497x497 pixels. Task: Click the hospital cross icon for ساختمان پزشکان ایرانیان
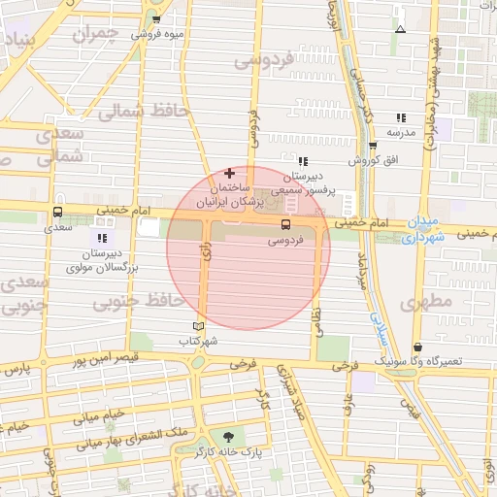pyautogui.click(x=229, y=173)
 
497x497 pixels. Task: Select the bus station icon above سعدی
pyautogui.click(x=58, y=213)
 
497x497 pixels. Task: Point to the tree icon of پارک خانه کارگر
pyautogui.click(x=228, y=437)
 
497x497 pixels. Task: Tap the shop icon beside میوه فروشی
pyautogui.click(x=156, y=18)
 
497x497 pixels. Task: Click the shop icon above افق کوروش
pyautogui.click(x=372, y=146)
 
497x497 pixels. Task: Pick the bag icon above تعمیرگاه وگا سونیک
pyautogui.click(x=417, y=347)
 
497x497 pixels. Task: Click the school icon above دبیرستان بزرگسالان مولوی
pyautogui.click(x=103, y=238)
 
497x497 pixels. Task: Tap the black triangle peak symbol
pyautogui.click(x=400, y=29)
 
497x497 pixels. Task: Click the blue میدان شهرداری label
pyautogui.click(x=423, y=227)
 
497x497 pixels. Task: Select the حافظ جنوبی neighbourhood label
pyautogui.click(x=139, y=303)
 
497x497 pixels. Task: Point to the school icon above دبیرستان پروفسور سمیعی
pyautogui.click(x=303, y=161)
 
